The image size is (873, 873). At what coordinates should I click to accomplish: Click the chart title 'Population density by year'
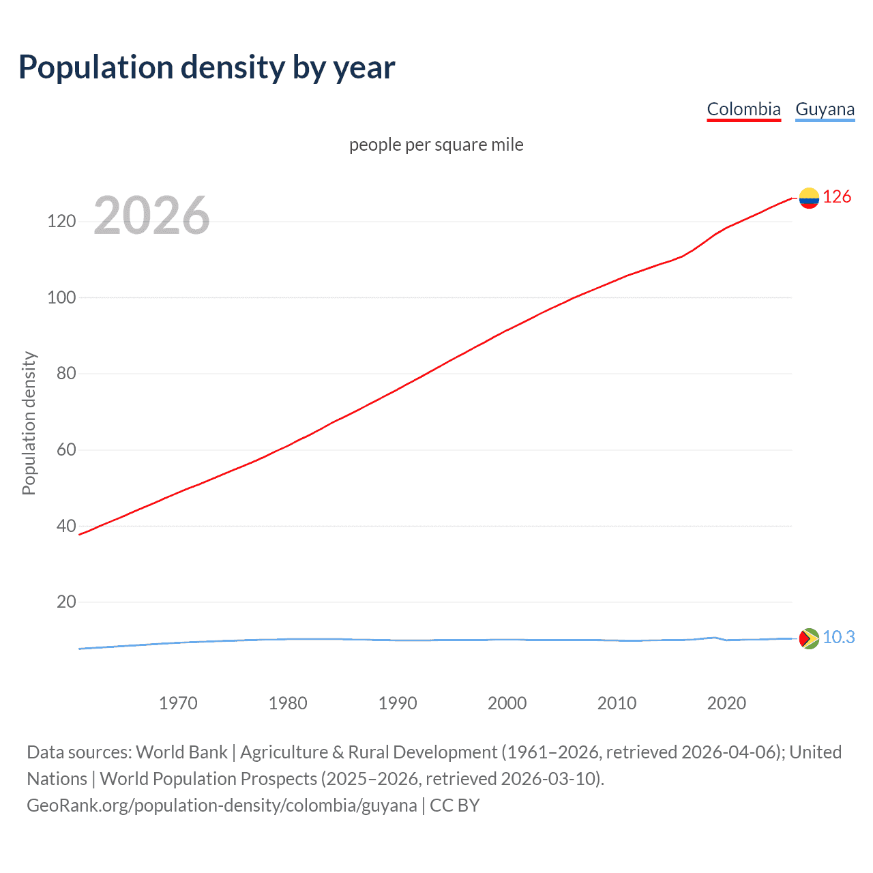[x=207, y=68]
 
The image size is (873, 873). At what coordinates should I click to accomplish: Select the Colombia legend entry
[x=743, y=109]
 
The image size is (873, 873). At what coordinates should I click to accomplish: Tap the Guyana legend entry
[x=825, y=109]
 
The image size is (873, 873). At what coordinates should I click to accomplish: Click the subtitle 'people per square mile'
[x=436, y=145]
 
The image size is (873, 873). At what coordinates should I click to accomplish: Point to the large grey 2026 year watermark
[x=151, y=216]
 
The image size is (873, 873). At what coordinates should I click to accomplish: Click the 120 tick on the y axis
[x=61, y=222]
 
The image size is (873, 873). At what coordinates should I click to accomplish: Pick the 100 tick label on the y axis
[x=61, y=298]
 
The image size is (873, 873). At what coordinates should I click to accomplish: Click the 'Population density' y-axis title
[x=29, y=423]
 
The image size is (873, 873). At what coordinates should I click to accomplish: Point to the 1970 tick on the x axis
[x=178, y=703]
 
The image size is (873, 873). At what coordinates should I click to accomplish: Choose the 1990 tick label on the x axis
[x=398, y=703]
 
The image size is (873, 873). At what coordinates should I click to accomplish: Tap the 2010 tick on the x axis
[x=617, y=703]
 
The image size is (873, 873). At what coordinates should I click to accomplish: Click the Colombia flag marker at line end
[x=809, y=198]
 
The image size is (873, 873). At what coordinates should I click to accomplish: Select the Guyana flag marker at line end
[x=809, y=638]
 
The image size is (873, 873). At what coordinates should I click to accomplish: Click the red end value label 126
[x=837, y=197]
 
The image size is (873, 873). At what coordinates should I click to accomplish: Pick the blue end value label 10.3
[x=838, y=637]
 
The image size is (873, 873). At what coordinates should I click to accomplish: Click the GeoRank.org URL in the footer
[x=222, y=805]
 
